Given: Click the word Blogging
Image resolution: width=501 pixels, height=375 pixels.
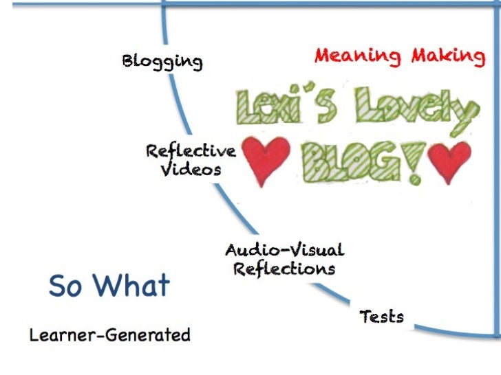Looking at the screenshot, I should (162, 62).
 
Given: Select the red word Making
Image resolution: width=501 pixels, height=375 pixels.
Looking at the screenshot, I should (448, 56).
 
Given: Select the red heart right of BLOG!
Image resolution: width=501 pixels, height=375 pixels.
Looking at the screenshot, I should (449, 159).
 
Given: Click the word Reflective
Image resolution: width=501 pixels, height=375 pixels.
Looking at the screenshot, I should (191, 151).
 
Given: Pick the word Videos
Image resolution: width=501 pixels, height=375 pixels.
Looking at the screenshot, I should (191, 169).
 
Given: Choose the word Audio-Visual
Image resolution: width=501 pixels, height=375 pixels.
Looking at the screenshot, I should (284, 250).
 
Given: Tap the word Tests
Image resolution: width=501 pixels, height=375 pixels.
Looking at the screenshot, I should (382, 317).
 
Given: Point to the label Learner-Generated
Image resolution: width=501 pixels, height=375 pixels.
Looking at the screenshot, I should (109, 335).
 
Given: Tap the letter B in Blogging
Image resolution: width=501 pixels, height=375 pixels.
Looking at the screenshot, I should (129, 61).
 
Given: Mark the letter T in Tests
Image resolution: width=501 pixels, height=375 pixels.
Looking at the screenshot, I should (365, 317).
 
